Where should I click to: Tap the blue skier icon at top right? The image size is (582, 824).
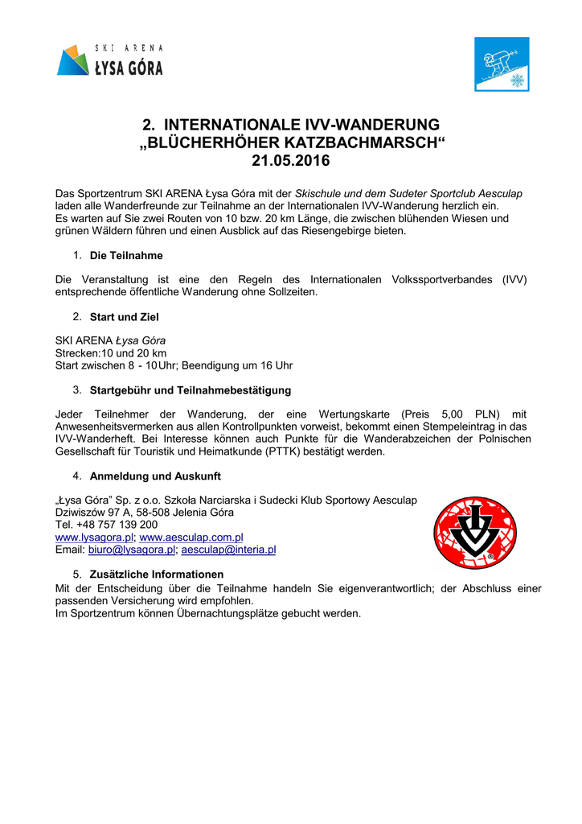502,64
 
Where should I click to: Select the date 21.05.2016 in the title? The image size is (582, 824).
291,161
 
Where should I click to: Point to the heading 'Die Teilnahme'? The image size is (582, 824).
126,256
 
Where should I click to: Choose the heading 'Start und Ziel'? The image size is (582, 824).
124,317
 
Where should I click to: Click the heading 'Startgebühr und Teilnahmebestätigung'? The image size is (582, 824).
190,391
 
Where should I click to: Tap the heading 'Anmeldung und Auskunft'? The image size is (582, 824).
155,476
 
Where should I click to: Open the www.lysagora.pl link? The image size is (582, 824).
94,537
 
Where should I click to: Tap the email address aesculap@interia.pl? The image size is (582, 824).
228,550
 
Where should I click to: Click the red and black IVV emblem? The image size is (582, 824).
475,533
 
